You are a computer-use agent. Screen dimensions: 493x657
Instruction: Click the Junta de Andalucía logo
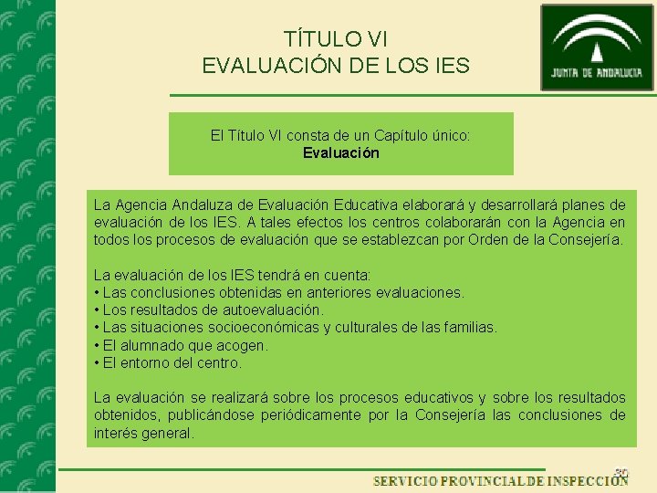click(x=597, y=47)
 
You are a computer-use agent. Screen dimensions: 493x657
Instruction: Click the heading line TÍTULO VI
click(x=336, y=38)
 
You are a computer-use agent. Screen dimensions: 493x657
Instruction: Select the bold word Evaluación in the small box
click(x=341, y=152)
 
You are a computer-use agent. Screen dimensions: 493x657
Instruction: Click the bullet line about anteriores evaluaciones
click(x=279, y=292)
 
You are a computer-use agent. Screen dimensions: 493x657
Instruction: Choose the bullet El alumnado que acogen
click(x=181, y=345)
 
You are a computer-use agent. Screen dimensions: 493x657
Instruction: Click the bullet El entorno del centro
click(x=168, y=362)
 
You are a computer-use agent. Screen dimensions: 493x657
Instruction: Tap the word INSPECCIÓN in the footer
click(x=588, y=481)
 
